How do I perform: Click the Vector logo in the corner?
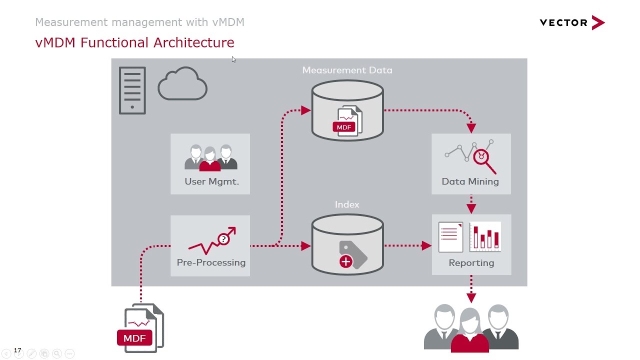(x=572, y=22)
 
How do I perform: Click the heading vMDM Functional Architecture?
(x=134, y=42)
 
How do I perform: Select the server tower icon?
(x=132, y=90)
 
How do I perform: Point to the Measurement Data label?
(x=347, y=70)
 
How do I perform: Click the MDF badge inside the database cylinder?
(x=344, y=127)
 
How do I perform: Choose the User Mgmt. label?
(x=211, y=181)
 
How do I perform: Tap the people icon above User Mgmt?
(x=210, y=157)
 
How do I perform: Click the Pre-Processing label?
(x=211, y=262)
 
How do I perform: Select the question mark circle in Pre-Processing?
(x=223, y=239)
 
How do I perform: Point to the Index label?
(x=347, y=204)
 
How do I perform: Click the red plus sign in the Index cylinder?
(x=345, y=261)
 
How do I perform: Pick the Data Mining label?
(x=470, y=181)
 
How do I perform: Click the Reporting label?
(x=471, y=263)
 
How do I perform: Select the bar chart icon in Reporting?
(x=485, y=237)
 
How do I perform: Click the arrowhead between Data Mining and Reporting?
(x=471, y=208)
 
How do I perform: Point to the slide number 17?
(x=17, y=350)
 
